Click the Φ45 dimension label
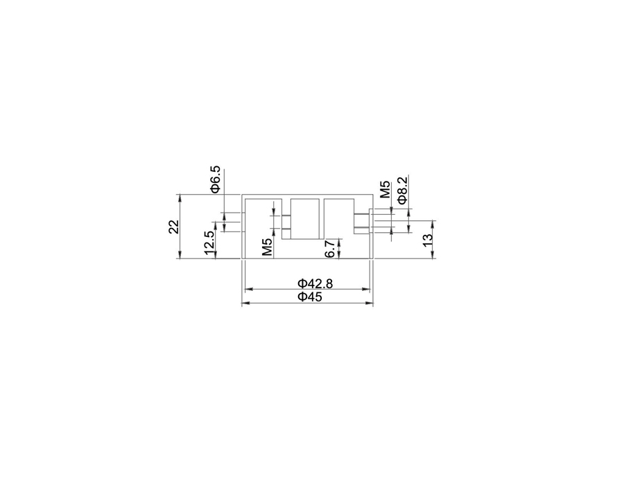(310, 297)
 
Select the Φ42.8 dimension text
(315, 283)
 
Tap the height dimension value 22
(174, 227)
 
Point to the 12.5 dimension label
(209, 242)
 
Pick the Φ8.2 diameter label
(403, 191)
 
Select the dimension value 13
(427, 240)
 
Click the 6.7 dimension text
(330, 249)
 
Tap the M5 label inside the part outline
(268, 247)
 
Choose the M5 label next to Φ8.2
(385, 189)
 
